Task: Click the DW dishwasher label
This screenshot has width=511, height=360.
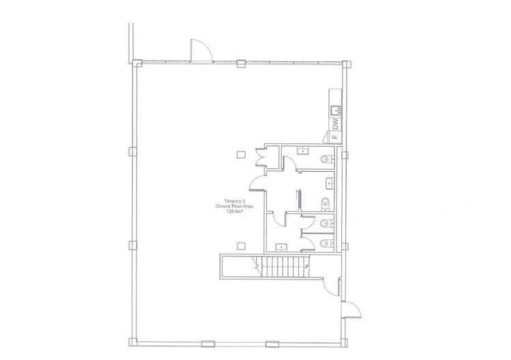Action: (336, 123)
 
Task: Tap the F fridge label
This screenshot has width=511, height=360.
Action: (336, 136)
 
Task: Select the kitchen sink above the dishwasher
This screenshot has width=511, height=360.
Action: (336, 110)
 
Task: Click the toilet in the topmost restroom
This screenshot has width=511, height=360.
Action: (327, 160)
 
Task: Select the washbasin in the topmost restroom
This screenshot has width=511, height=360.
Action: (303, 150)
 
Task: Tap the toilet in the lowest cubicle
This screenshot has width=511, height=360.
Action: (327, 243)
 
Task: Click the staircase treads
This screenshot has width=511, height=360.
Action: (282, 267)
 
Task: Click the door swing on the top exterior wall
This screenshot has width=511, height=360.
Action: (201, 50)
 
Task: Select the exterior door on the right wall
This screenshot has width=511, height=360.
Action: (351, 310)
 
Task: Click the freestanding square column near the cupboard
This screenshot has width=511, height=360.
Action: (241, 154)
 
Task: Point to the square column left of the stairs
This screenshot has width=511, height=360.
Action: (241, 245)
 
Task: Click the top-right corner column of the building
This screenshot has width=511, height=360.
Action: (347, 64)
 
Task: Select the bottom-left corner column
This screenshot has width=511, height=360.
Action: (132, 342)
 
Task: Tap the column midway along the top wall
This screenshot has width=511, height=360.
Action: (241, 63)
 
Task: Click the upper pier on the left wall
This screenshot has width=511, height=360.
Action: (132, 152)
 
